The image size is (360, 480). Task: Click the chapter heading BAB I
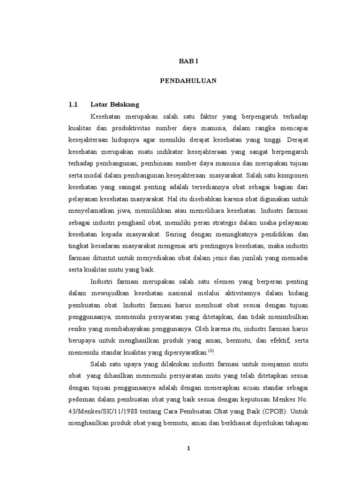point(188,61)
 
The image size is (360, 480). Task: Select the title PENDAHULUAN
point(188,81)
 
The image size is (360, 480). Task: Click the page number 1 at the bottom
point(188,448)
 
